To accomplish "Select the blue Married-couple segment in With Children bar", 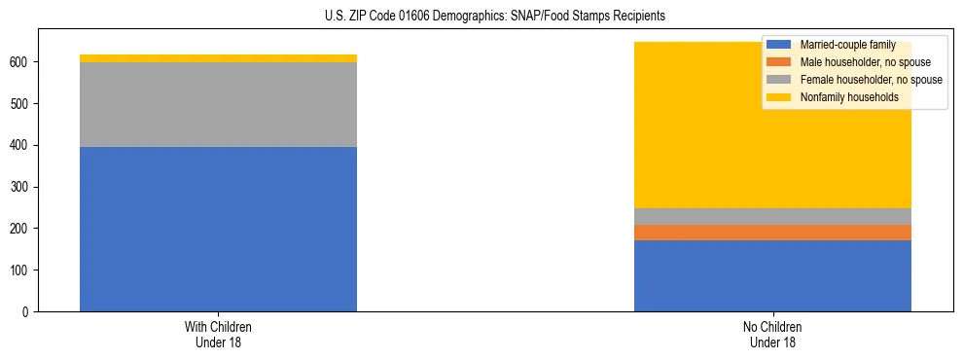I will pyautogui.click(x=218, y=229).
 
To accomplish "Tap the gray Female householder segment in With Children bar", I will pyautogui.click(x=218, y=104).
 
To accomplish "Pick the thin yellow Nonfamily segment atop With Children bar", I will pyautogui.click(x=218, y=58).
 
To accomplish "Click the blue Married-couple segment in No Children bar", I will pyautogui.click(x=772, y=275).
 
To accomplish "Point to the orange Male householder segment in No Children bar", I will pyautogui.click(x=772, y=233).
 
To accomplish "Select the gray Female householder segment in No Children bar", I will pyautogui.click(x=772, y=216).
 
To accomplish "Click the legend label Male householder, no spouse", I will pyautogui.click(x=865, y=62).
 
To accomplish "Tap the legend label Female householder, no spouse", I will pyautogui.click(x=871, y=80).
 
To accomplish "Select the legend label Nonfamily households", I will pyautogui.click(x=849, y=97).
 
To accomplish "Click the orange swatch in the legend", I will pyautogui.click(x=779, y=62).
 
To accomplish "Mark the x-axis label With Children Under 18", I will pyautogui.click(x=218, y=335).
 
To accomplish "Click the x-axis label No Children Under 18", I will pyautogui.click(x=772, y=335).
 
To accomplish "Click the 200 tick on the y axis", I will pyautogui.click(x=22, y=229).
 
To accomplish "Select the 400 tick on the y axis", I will pyautogui.click(x=22, y=145).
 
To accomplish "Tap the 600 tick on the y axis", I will pyautogui.click(x=22, y=62).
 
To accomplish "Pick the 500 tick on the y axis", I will pyautogui.click(x=22, y=104).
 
